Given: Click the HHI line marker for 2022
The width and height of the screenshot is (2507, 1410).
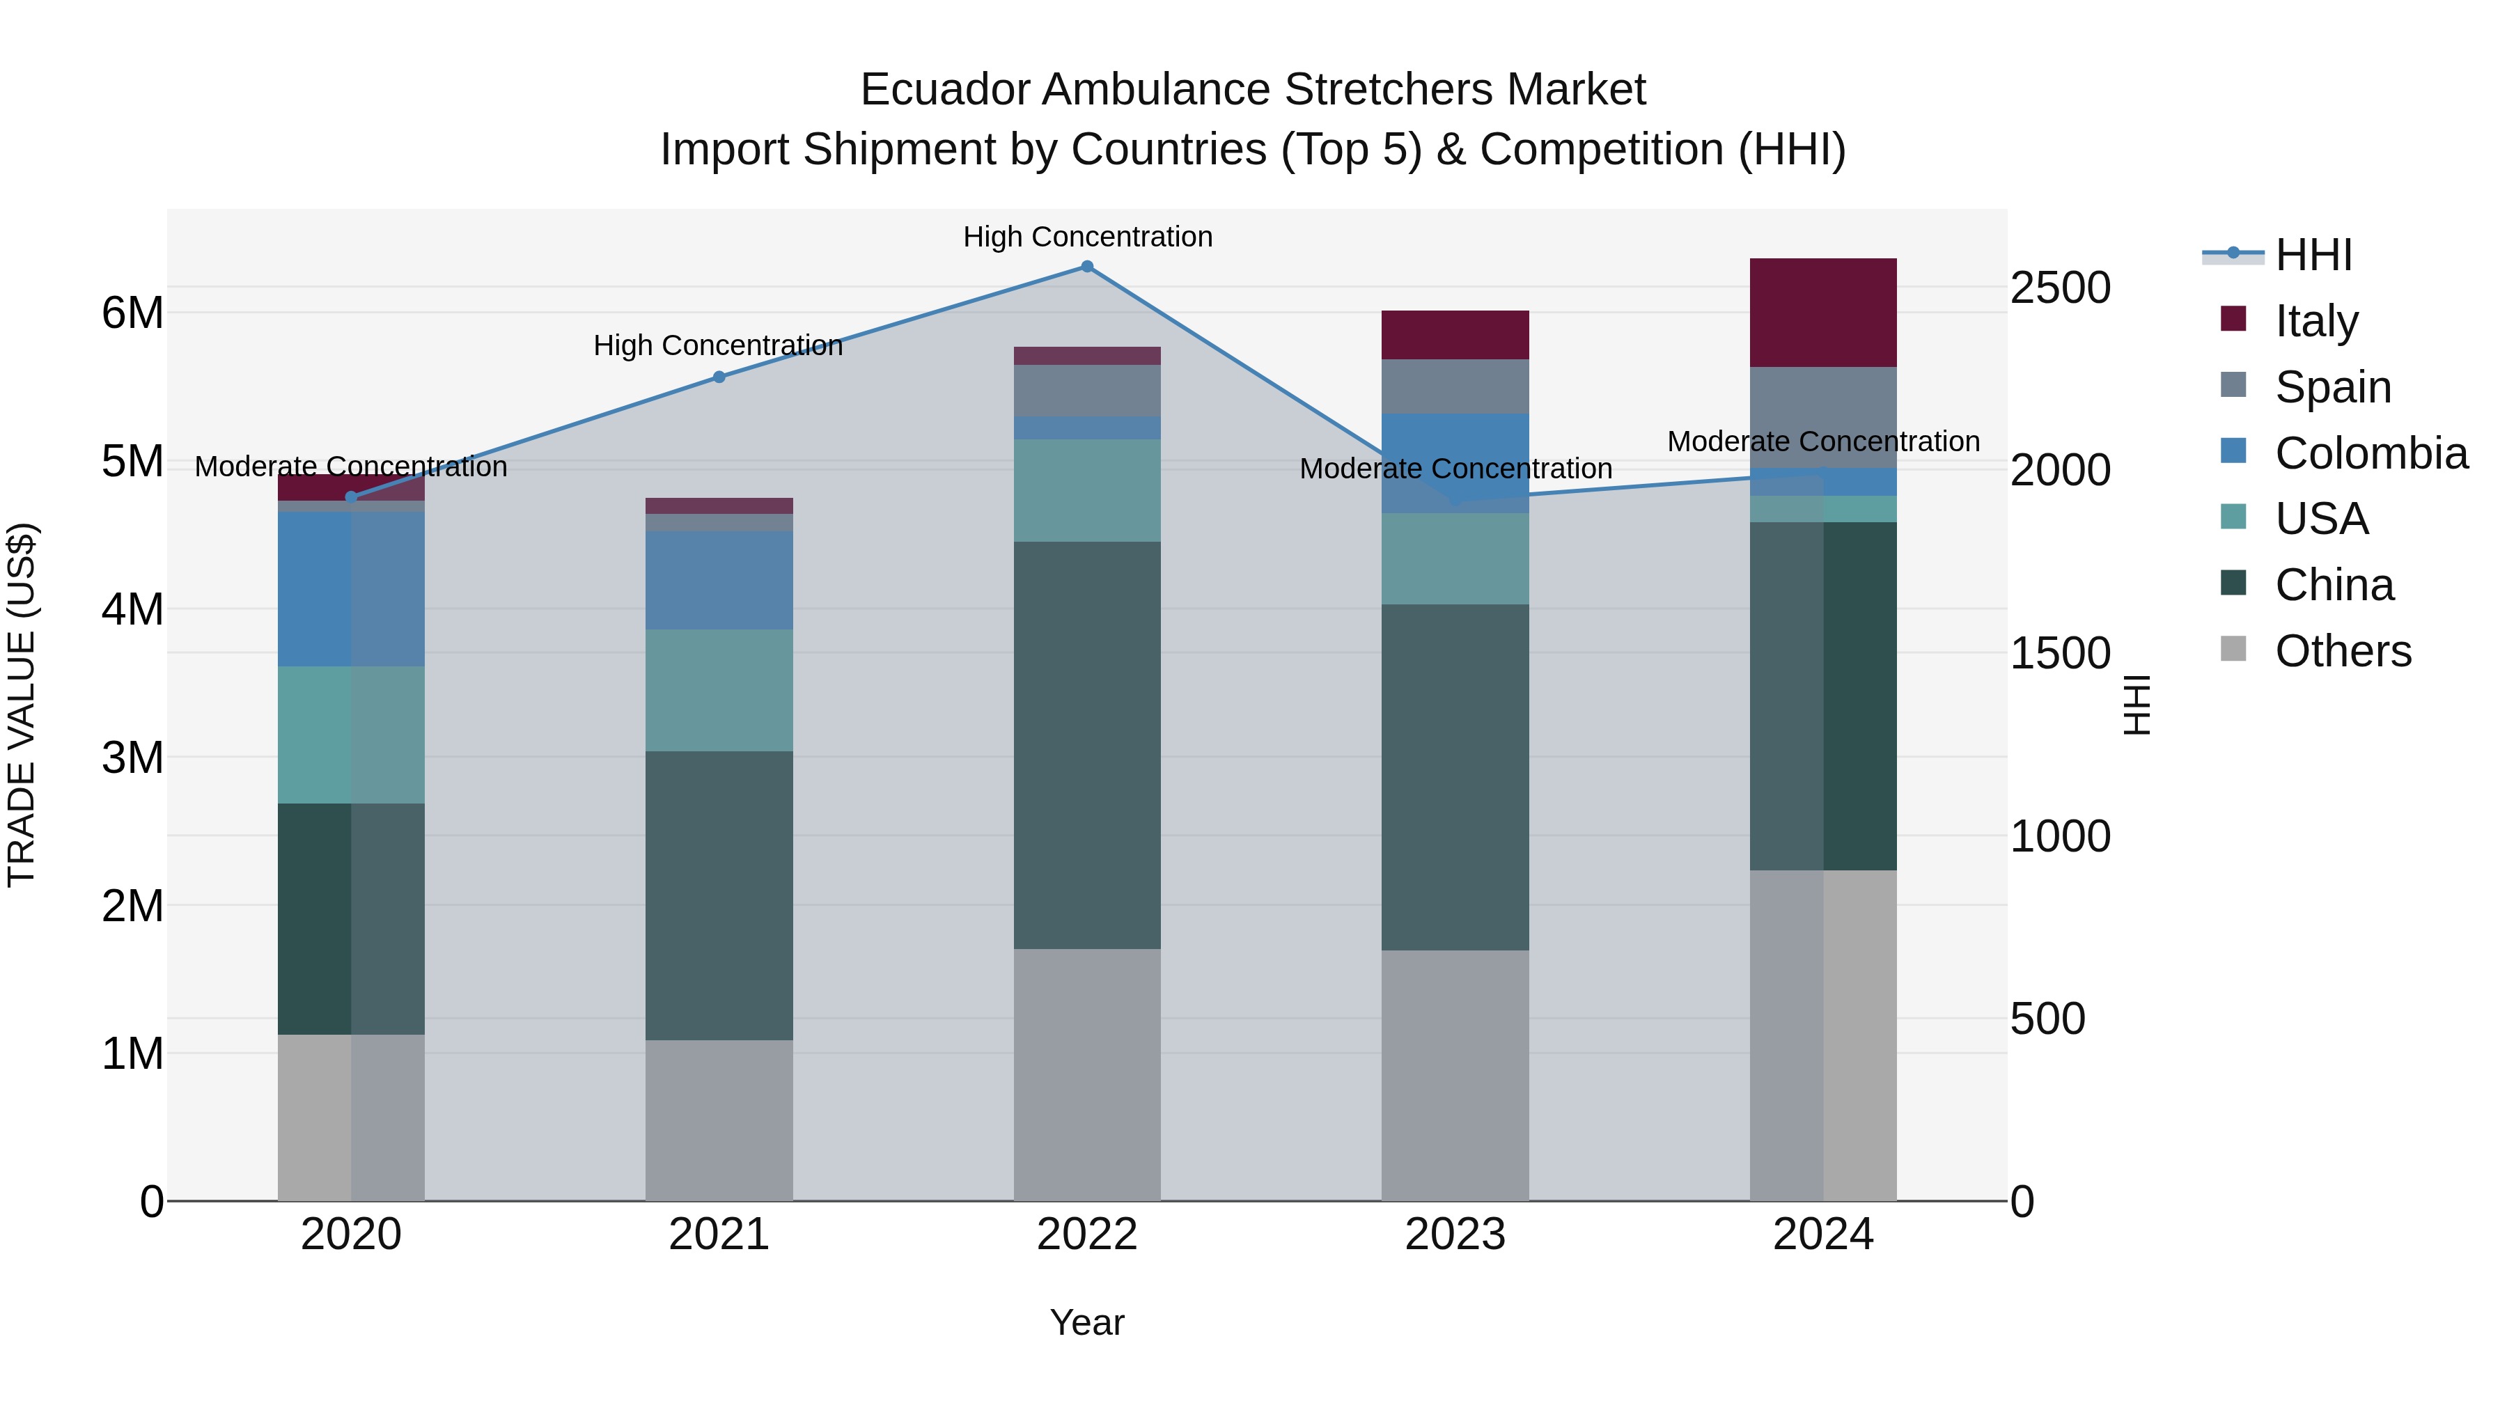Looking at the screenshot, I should point(1087,267).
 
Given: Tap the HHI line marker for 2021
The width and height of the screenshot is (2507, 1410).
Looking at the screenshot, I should point(719,377).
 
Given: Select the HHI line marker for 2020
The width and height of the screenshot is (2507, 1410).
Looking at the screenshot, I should point(352,497).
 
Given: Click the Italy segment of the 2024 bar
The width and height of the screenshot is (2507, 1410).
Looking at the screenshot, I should point(1823,313).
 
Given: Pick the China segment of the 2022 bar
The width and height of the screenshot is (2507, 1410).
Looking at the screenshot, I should point(1087,744).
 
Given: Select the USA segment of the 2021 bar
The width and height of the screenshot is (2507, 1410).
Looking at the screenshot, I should point(719,690).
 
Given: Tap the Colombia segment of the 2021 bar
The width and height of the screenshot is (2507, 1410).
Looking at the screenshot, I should point(719,580).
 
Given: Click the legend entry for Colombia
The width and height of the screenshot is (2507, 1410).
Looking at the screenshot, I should point(2371,453).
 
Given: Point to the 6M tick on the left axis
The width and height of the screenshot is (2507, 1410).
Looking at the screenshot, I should point(132,313).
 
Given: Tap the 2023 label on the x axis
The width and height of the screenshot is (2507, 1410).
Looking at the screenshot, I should point(1455,1234).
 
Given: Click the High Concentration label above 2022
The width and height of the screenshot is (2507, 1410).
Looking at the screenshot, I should point(1087,237).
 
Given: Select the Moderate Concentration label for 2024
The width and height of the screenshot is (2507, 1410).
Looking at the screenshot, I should point(1823,441).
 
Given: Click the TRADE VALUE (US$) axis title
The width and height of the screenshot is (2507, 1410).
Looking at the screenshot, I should point(22,705).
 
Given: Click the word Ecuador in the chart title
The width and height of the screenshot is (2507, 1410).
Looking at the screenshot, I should point(943,90).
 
